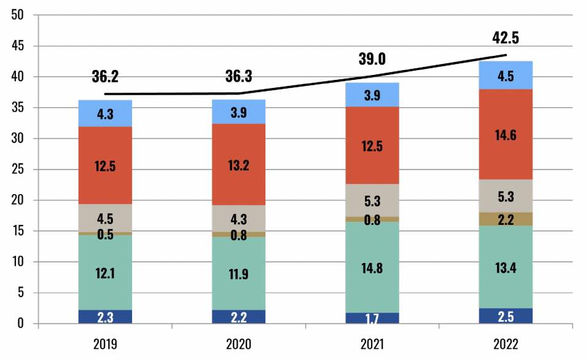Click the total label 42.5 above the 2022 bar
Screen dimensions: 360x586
pyautogui.click(x=506, y=38)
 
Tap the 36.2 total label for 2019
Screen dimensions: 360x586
pyautogui.click(x=105, y=77)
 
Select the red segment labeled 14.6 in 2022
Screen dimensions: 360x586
pyautogui.click(x=506, y=135)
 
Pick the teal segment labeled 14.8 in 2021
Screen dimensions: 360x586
pyautogui.click(x=372, y=267)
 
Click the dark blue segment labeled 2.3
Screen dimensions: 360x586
pyautogui.click(x=105, y=316)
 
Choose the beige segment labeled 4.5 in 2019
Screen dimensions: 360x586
pyautogui.click(x=105, y=218)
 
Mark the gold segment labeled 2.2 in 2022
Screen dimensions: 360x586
pyautogui.click(x=506, y=219)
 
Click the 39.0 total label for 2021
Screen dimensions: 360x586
pyautogui.click(x=372, y=59)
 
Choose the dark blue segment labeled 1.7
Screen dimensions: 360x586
pyautogui.click(x=372, y=318)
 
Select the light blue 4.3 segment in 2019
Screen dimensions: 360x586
pyautogui.click(x=105, y=114)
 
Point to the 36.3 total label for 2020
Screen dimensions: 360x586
pyautogui.click(x=239, y=77)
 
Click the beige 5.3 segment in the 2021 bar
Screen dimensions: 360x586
pyautogui.click(x=372, y=200)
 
